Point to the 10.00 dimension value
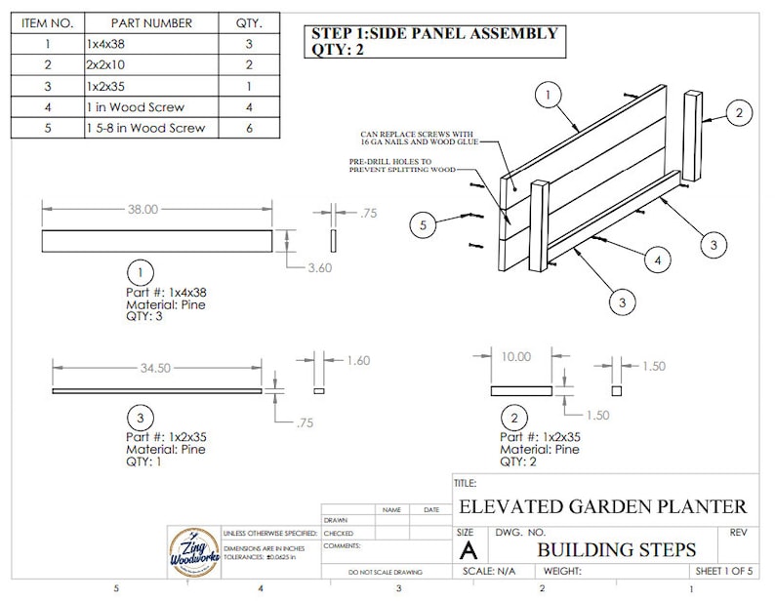[x=516, y=357]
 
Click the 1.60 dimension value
[x=358, y=361]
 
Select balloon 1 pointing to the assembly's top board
[x=550, y=95]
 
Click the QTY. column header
[x=255, y=22]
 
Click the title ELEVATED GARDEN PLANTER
[x=602, y=506]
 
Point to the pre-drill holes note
[x=402, y=165]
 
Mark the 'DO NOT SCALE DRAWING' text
[x=386, y=572]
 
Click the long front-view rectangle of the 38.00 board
[x=157, y=241]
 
